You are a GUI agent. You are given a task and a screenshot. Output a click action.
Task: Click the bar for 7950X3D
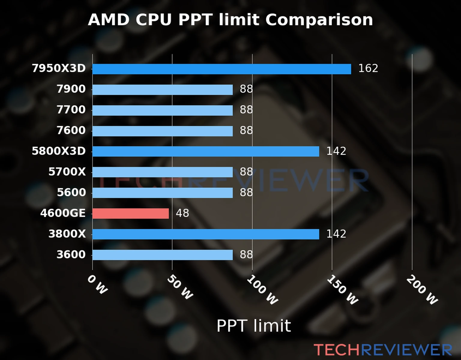tap(221, 69)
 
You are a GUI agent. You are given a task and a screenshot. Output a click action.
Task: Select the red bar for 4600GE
tap(131, 214)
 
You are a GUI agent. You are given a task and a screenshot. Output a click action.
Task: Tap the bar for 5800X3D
tap(206, 151)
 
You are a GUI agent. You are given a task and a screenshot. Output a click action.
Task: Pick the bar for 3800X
tap(206, 234)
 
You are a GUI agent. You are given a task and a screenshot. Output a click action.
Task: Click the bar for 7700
tap(162, 110)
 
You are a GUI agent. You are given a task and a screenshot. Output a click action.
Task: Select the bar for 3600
tap(162, 255)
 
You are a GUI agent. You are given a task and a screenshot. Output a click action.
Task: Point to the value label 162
tap(368, 68)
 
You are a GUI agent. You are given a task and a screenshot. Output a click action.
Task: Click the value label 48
tap(182, 213)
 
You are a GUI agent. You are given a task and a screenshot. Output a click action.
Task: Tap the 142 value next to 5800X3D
tap(336, 151)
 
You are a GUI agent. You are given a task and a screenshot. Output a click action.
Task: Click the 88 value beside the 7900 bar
tap(246, 89)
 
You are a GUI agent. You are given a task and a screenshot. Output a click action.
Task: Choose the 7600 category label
tap(71, 130)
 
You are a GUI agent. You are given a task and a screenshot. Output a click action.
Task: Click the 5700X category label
tap(67, 172)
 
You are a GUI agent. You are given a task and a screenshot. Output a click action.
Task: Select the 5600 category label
tap(71, 193)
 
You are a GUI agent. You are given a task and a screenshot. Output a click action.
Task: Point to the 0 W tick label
tap(97, 285)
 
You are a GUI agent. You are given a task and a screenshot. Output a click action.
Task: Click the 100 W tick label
tap(262, 290)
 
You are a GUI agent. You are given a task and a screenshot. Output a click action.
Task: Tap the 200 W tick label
tap(422, 290)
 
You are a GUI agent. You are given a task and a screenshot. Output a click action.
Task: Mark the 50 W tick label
tap(180, 287)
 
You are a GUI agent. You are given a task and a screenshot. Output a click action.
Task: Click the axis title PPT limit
tap(254, 326)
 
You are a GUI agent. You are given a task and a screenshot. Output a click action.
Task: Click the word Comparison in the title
tap(319, 20)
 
